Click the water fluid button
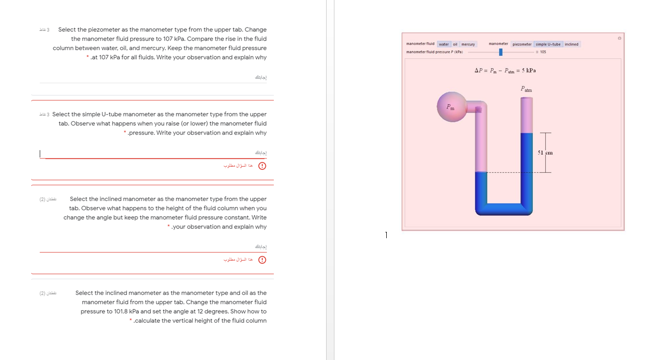pos(443,45)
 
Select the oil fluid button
pos(455,45)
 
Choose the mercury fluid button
pos(468,45)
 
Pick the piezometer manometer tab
pos(522,45)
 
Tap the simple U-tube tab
pos(548,45)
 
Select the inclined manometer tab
pos(571,45)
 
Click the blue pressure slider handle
pos(501,52)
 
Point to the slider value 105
pos(543,52)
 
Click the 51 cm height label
pos(545,153)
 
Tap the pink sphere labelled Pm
pos(450,107)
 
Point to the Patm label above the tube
pos(526,90)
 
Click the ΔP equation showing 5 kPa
pos(505,70)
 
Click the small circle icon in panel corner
pos(619,38)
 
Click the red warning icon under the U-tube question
pos(262,166)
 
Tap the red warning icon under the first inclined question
pos(262,260)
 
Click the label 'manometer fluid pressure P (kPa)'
pos(435,52)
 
